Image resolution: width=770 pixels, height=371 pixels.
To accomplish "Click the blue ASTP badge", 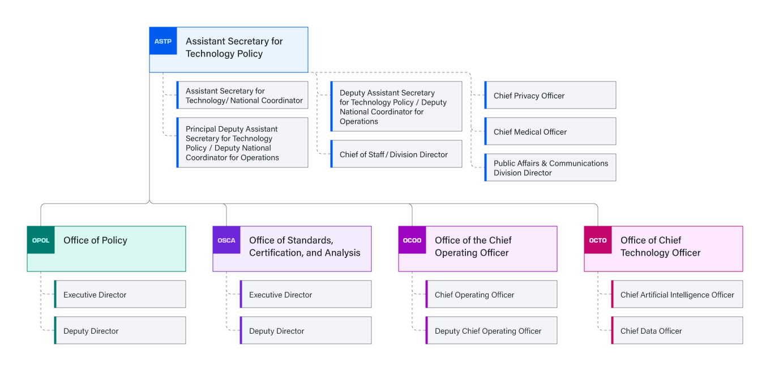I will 163,41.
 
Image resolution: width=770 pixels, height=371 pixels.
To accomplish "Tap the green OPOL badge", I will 41,240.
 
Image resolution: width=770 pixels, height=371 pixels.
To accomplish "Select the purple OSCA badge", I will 226,240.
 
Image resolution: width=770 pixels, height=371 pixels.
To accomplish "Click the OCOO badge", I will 412,240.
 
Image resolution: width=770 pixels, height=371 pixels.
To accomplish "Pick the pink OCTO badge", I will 598,240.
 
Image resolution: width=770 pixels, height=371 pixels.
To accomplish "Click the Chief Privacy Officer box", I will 550,96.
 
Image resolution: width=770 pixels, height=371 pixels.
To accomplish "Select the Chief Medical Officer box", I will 550,132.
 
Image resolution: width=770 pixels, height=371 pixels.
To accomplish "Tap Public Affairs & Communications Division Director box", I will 550,168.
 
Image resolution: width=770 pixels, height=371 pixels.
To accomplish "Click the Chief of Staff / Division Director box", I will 396,154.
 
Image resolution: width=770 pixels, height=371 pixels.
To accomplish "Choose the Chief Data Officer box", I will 677,331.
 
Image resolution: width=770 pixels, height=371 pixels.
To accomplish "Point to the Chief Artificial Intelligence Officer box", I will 677,295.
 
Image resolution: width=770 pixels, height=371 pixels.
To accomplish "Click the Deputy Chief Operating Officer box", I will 491,331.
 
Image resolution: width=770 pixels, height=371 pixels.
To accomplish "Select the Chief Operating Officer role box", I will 491,295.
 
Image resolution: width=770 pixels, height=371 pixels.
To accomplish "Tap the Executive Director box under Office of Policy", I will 120,295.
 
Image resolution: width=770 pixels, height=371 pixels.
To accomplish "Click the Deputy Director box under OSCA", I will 306,331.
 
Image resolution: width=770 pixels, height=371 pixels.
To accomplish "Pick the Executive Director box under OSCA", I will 306,295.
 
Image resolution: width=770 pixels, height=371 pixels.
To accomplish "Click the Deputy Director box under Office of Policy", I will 120,331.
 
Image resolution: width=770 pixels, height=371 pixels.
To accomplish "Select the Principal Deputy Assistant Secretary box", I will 242,143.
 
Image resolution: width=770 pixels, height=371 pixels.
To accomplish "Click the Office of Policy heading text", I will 95,240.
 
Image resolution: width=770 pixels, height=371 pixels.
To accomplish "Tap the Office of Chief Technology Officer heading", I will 660,247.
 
